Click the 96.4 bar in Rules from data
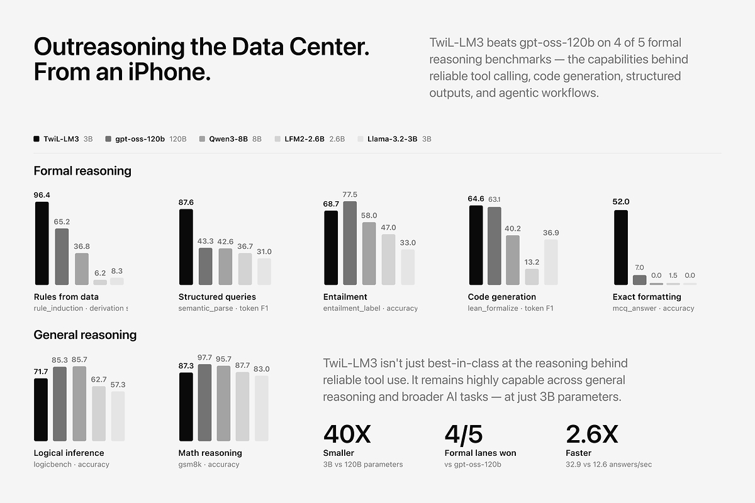click(x=42, y=243)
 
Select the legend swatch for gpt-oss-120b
click(x=108, y=139)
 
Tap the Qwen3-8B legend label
click(x=228, y=139)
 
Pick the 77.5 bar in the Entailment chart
click(x=350, y=243)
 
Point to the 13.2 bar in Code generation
click(x=532, y=277)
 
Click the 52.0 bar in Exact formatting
click(x=621, y=247)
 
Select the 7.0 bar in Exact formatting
click(x=639, y=280)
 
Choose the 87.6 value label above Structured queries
click(x=186, y=202)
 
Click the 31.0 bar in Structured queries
click(x=264, y=272)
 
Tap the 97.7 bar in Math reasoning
click(x=204, y=402)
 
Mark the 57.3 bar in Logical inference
click(x=118, y=416)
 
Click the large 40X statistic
click(x=347, y=434)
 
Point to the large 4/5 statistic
click(x=464, y=434)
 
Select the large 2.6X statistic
click(x=592, y=434)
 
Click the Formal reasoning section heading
click(x=82, y=171)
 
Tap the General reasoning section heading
click(x=85, y=335)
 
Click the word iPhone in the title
click(x=169, y=72)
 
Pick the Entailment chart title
click(x=345, y=297)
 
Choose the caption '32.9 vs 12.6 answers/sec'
click(x=609, y=464)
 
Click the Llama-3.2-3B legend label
click(x=393, y=139)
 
